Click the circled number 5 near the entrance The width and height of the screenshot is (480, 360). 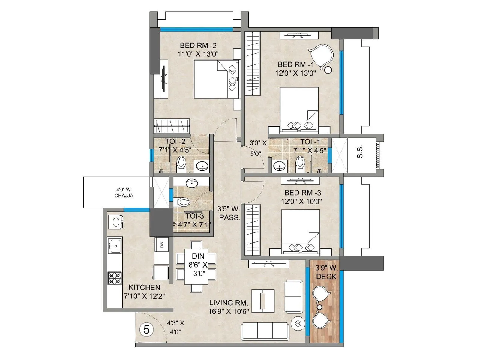click(146, 330)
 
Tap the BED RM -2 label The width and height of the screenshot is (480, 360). click(198, 45)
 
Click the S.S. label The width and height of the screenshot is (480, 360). click(360, 152)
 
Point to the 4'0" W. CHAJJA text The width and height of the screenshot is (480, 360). click(124, 193)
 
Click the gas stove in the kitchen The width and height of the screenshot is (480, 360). click(115, 278)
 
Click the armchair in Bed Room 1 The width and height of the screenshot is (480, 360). click(321, 55)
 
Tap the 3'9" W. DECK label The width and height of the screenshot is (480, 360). click(326, 272)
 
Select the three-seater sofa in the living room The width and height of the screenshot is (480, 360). click(265, 331)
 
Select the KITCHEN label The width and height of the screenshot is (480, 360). click(144, 287)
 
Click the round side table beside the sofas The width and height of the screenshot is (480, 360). click(298, 323)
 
